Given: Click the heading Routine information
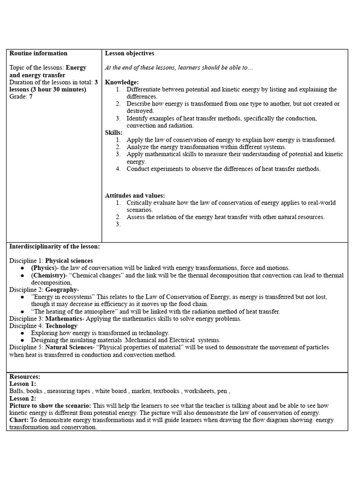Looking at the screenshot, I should [38, 53].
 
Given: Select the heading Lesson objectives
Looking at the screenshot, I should [129, 53].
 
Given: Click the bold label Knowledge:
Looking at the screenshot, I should [122, 82].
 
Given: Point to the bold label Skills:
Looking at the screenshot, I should [113, 133].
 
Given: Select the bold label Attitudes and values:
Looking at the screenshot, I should [135, 195].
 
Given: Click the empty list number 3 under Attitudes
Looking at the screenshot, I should [118, 224].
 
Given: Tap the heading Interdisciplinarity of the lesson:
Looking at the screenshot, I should [54, 246].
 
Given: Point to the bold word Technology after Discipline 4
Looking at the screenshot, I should [61, 326].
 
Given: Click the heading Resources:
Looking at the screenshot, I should [25, 376].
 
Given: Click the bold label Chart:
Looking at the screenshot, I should [19, 420].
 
